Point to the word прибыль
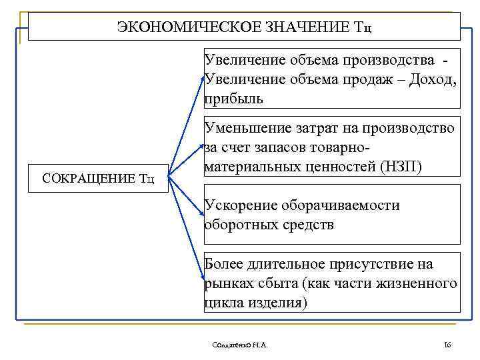pyautogui.click(x=234, y=99)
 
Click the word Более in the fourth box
pyautogui.click(x=225, y=264)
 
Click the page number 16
pyautogui.click(x=447, y=345)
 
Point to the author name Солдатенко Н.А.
pyautogui.click(x=238, y=345)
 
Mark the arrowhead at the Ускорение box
pyautogui.click(x=202, y=214)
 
